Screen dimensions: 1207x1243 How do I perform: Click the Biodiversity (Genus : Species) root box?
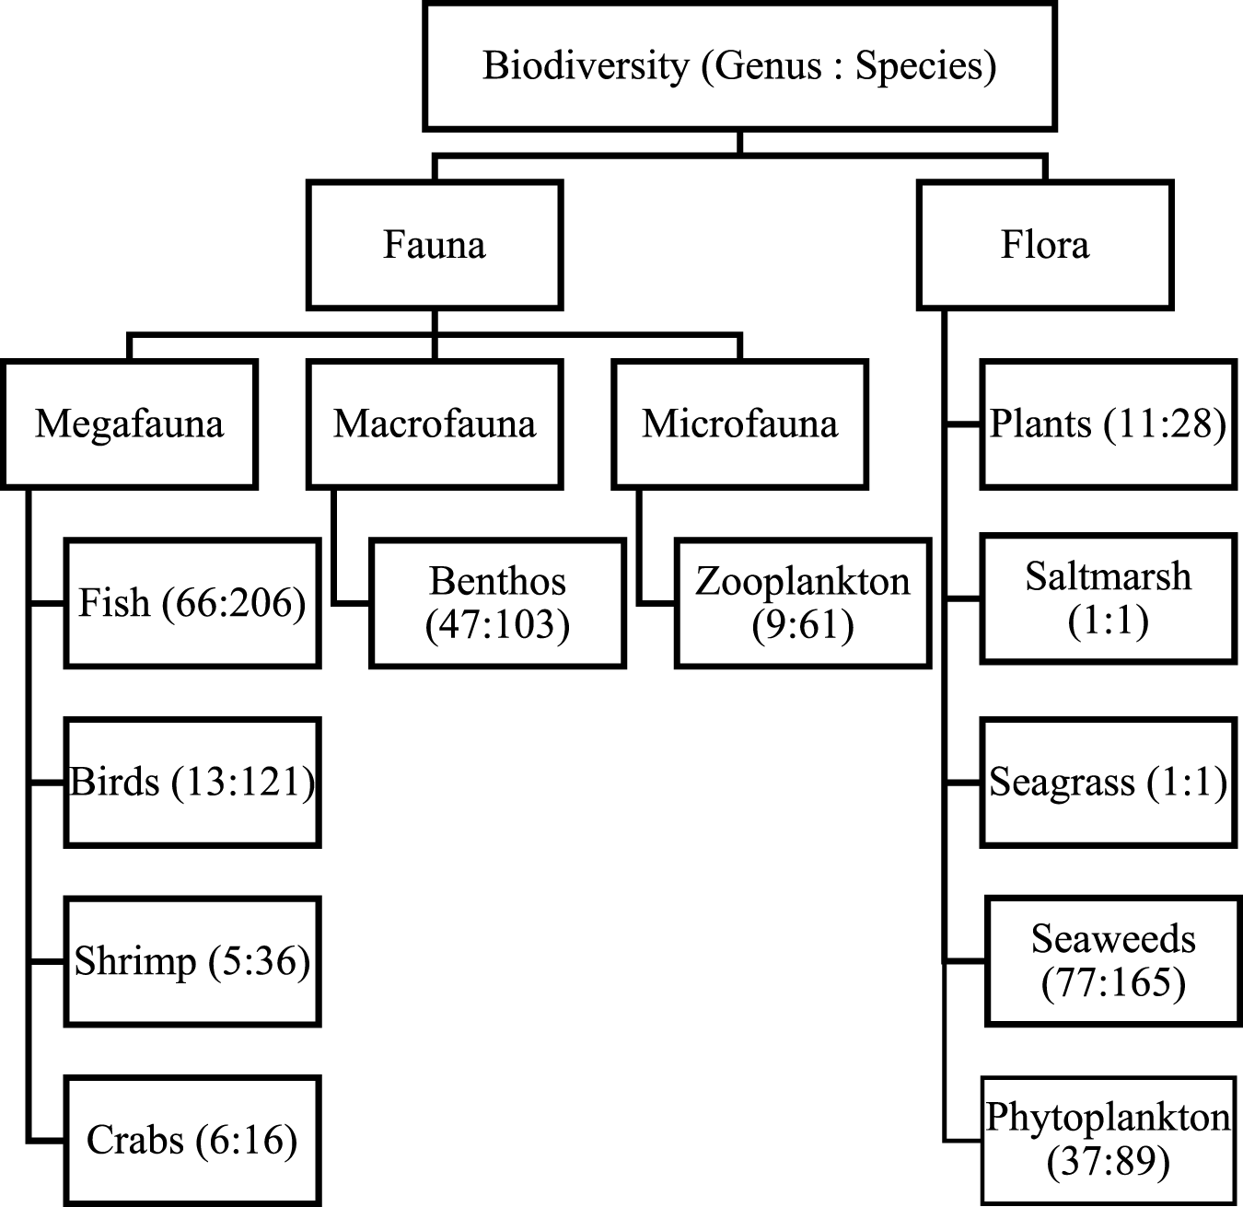point(739,65)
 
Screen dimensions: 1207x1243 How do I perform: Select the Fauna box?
point(435,245)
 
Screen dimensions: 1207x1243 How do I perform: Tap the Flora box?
point(1045,245)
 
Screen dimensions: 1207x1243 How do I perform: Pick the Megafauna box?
point(129,424)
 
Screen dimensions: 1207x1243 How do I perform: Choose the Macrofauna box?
point(435,424)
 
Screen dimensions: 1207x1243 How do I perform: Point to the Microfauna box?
point(740,424)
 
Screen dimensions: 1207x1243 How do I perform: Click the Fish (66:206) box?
point(192,603)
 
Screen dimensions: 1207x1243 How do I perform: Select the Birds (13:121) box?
point(192,783)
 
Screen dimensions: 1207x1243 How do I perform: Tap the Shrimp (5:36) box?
point(192,961)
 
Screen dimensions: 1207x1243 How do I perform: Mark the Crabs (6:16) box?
point(192,1140)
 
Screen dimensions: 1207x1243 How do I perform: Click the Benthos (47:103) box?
point(498,603)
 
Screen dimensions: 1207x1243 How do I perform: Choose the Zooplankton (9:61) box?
point(803,603)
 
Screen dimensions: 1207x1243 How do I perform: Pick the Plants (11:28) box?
point(1108,424)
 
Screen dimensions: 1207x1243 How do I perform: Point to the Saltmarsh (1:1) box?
point(1108,598)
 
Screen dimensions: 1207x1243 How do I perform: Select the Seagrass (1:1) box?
point(1108,783)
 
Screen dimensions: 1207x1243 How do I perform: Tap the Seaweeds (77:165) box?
point(1112,960)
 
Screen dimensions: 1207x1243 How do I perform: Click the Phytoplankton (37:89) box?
point(1108,1140)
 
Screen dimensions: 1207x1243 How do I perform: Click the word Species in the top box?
point(925,66)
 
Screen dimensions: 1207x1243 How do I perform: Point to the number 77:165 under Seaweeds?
point(1113,983)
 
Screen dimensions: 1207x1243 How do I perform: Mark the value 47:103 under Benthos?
point(498,625)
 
